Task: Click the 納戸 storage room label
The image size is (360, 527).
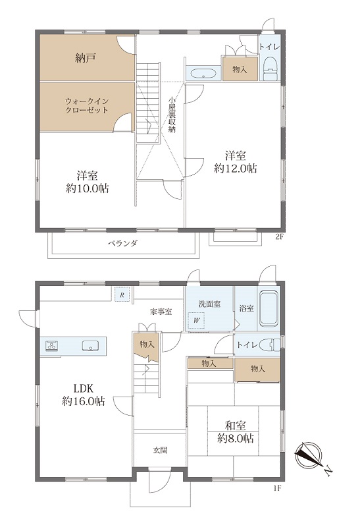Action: pyautogui.click(x=86, y=59)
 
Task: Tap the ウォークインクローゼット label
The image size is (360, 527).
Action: pyautogui.click(x=87, y=105)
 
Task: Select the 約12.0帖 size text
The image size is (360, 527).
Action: pyautogui.click(x=236, y=168)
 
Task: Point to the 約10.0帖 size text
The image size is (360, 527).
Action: pyautogui.click(x=88, y=188)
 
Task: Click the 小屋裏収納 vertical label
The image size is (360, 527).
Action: pyautogui.click(x=172, y=115)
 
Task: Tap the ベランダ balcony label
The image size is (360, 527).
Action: pyautogui.click(x=123, y=243)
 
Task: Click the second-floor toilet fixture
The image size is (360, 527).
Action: pyautogui.click(x=270, y=69)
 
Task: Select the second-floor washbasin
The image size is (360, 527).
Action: pyautogui.click(x=203, y=74)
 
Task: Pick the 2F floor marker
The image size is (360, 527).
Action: pyautogui.click(x=280, y=236)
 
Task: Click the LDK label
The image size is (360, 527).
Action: pyautogui.click(x=84, y=389)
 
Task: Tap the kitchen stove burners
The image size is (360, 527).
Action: pyautogui.click(x=52, y=345)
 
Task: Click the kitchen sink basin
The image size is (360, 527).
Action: pyautogui.click(x=90, y=345)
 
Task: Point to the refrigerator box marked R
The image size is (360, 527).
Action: pyautogui.click(x=122, y=295)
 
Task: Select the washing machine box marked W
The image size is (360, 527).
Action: pyautogui.click(x=197, y=321)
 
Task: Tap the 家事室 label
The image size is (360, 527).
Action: pyautogui.click(x=161, y=312)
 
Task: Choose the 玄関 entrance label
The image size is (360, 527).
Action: pyautogui.click(x=160, y=450)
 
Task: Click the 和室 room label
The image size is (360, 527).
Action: pyautogui.click(x=236, y=426)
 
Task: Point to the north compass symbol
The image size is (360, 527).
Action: pyautogui.click(x=308, y=455)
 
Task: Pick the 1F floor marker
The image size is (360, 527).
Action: pyautogui.click(x=276, y=487)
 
